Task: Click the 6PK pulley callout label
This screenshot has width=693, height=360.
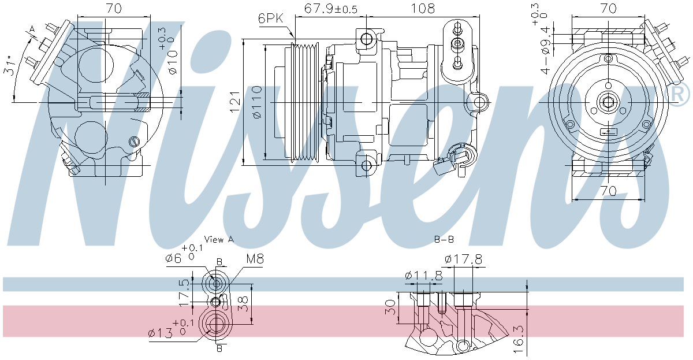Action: (271, 19)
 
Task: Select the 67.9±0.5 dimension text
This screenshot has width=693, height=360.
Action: (331, 8)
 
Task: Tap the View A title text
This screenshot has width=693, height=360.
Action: (219, 239)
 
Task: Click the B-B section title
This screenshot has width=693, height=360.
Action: (444, 239)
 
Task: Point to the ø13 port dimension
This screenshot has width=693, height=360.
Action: (160, 333)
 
